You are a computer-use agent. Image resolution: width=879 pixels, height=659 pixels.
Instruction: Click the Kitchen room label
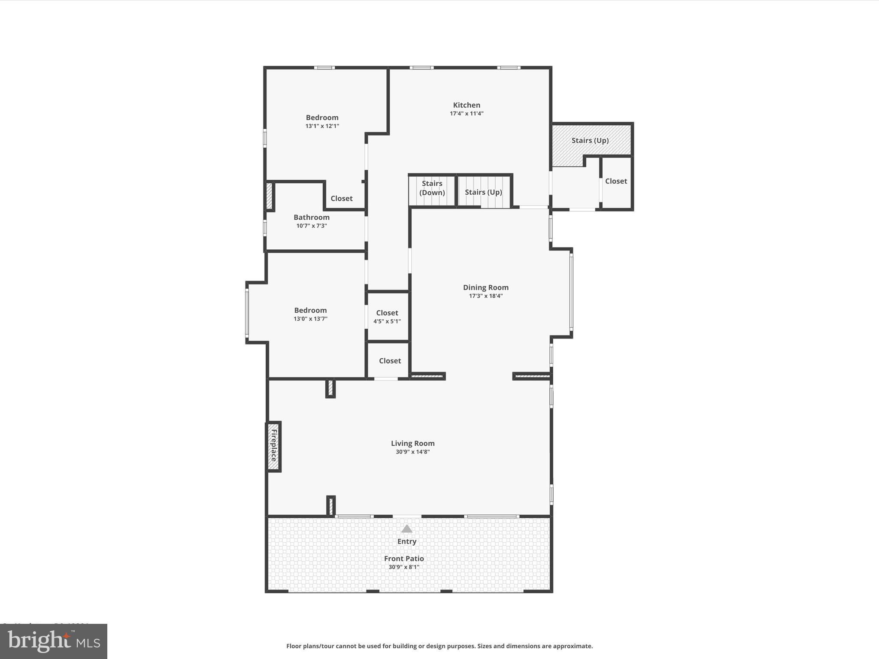[x=467, y=105]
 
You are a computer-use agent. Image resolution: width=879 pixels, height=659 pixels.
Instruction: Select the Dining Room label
[x=485, y=287]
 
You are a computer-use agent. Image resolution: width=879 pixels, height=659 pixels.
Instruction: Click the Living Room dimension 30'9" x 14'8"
[x=412, y=452]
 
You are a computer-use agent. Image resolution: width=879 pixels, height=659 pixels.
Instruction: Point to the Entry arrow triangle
[x=406, y=529]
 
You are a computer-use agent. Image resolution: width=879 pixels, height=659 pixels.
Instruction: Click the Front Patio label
[x=404, y=558]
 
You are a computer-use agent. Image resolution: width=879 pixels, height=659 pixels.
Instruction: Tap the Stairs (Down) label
[x=432, y=188]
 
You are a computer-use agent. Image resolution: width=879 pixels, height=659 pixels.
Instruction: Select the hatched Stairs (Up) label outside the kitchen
[x=590, y=140]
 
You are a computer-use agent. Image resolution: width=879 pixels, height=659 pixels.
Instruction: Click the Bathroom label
[x=312, y=217]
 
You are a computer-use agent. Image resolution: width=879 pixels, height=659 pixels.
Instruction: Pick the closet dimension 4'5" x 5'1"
[x=387, y=321]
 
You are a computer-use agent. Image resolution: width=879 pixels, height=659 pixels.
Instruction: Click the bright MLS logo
[x=54, y=641]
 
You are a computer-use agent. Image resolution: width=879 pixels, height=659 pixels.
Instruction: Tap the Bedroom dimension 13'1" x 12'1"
[x=322, y=126]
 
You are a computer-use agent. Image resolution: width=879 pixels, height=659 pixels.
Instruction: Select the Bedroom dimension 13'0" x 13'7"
[x=310, y=319]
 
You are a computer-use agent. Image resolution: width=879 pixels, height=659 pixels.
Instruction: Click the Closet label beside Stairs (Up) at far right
[x=616, y=181]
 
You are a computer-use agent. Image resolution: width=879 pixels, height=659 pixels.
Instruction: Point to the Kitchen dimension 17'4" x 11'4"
[x=467, y=114]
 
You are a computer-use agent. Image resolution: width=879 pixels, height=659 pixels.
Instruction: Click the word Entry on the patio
[x=406, y=541]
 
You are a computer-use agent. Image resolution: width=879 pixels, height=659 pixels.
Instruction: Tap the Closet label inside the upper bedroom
[x=341, y=198]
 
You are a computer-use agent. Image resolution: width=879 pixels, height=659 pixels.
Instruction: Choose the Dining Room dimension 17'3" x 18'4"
[x=485, y=296]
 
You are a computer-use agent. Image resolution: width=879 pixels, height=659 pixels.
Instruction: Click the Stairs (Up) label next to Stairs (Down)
[x=483, y=192]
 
